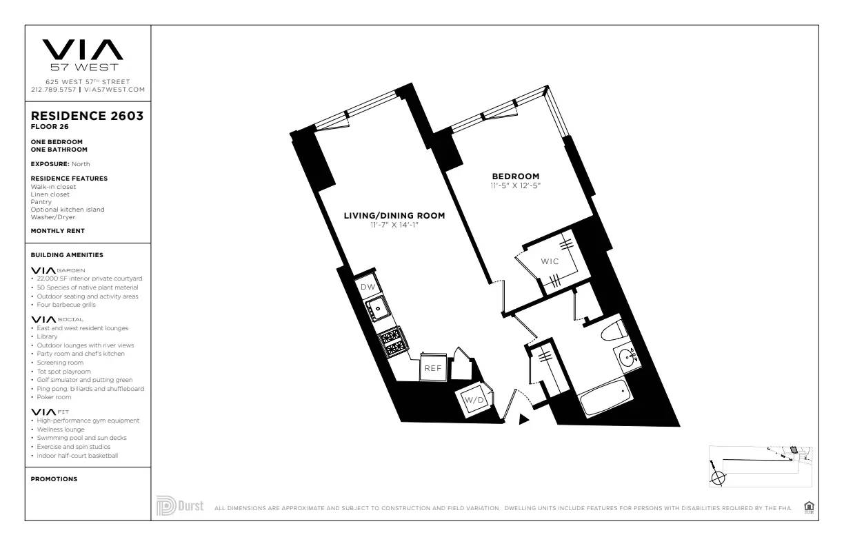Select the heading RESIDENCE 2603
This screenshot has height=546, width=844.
pyautogui.click(x=87, y=116)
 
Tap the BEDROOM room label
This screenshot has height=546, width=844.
pyautogui.click(x=515, y=176)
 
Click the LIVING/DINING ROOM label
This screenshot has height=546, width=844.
pyautogui.click(x=394, y=216)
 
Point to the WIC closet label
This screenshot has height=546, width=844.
pyautogui.click(x=550, y=261)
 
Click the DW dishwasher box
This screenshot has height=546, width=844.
pyautogui.click(x=368, y=287)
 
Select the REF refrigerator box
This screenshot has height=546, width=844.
pyautogui.click(x=432, y=368)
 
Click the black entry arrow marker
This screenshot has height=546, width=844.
pyautogui.click(x=524, y=418)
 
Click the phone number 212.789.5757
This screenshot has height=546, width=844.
pyautogui.click(x=54, y=90)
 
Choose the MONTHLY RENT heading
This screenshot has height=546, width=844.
pyautogui.click(x=58, y=231)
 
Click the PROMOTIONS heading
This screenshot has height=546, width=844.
pyautogui.click(x=54, y=479)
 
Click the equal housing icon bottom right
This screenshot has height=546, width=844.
pyautogui.click(x=809, y=507)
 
